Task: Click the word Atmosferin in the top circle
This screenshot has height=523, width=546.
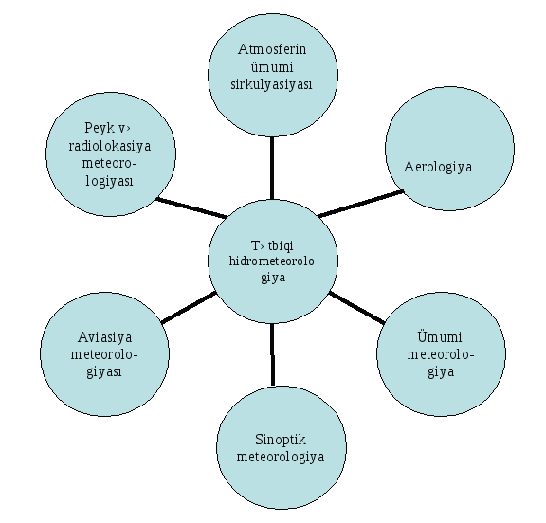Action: (272, 49)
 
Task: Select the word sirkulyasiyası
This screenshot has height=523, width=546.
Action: (271, 84)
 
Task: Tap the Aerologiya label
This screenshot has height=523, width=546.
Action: (438, 167)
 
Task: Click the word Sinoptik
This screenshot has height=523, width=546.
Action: (281, 440)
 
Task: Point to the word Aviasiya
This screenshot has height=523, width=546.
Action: (105, 337)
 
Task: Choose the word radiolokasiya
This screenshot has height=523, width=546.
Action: (110, 146)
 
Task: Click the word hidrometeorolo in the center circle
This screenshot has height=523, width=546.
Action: (272, 261)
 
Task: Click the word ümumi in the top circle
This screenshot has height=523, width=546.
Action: (272, 67)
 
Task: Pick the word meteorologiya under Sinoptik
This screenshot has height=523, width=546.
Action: (281, 458)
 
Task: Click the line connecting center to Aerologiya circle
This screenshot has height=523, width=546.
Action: (361, 204)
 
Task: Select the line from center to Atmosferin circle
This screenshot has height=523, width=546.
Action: (272, 168)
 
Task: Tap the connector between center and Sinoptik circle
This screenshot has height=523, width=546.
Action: (272, 354)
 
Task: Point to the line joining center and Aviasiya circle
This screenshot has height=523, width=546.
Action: (189, 308)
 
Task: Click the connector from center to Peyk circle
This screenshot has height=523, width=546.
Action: (191, 207)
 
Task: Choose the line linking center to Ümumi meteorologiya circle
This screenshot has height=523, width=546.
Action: (357, 308)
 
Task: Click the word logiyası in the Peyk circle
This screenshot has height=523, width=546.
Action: (110, 181)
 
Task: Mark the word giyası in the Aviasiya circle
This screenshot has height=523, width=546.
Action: (104, 372)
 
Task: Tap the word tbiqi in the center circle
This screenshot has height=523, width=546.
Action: (281, 245)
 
